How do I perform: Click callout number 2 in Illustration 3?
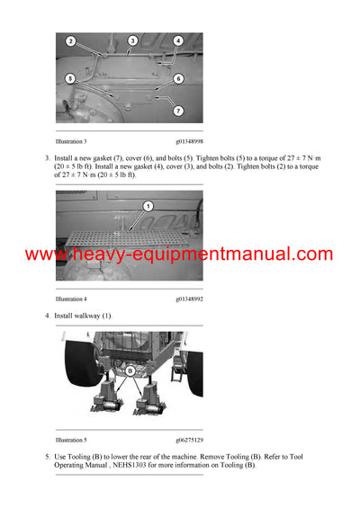click(70, 41)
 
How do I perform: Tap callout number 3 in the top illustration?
click(132, 41)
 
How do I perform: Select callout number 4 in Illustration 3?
click(177, 41)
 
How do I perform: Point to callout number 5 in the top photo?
click(70, 79)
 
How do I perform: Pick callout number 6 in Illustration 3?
click(177, 79)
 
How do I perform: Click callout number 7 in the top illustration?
click(177, 110)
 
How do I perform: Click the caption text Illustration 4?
click(71, 299)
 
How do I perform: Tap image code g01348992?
click(188, 299)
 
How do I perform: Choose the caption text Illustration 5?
click(71, 441)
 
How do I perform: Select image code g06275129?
click(188, 441)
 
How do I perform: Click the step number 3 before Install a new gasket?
click(47, 158)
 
